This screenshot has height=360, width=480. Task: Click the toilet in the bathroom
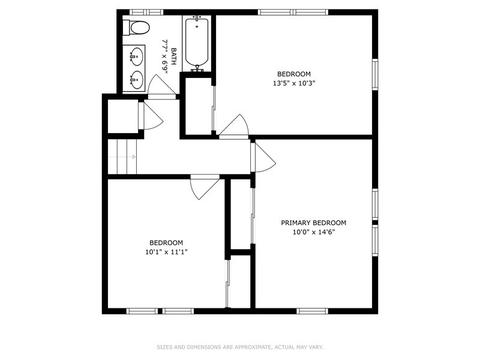click(136, 28)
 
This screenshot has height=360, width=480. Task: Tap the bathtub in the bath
click(197, 43)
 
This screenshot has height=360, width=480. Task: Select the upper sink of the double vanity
click(136, 56)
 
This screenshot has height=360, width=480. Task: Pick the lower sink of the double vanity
click(136, 80)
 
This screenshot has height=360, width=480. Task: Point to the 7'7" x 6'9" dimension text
click(164, 56)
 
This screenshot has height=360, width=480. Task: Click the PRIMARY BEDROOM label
click(313, 223)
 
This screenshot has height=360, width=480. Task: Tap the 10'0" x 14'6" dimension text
click(313, 232)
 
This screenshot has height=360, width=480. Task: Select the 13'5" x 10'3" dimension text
click(294, 83)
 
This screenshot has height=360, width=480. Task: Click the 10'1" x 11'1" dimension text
click(166, 252)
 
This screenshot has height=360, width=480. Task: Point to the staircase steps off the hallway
click(123, 156)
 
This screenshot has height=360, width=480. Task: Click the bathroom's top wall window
click(147, 12)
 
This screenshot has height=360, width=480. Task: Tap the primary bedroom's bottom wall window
click(312, 311)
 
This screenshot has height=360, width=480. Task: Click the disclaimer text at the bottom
click(240, 347)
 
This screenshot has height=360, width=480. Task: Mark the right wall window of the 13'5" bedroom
click(375, 74)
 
